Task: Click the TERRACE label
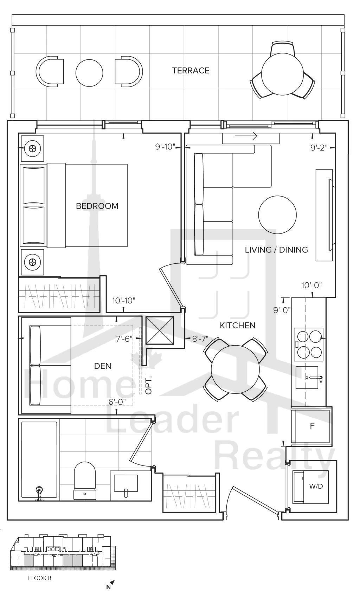click(191, 71)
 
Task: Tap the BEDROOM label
click(97, 206)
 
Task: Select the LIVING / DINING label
click(276, 250)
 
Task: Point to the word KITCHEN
click(237, 325)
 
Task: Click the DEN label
click(103, 366)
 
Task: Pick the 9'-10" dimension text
click(165, 147)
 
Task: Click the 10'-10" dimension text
click(124, 301)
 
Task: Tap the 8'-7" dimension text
click(200, 339)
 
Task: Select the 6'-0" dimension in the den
click(117, 402)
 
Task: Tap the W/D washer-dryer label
click(316, 486)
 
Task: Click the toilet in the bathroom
click(84, 481)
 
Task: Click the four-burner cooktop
click(309, 344)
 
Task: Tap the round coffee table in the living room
click(277, 215)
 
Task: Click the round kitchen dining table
click(235, 370)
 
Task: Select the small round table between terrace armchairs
click(89, 72)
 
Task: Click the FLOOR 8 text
click(40, 578)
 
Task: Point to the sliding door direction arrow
click(246, 136)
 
